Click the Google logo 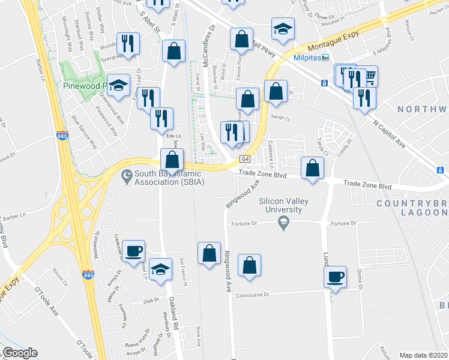[x=20, y=353]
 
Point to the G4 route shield [x=245, y=159]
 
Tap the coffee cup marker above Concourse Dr [x=336, y=277]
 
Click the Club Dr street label [x=150, y=300]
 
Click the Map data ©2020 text [x=423, y=355]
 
